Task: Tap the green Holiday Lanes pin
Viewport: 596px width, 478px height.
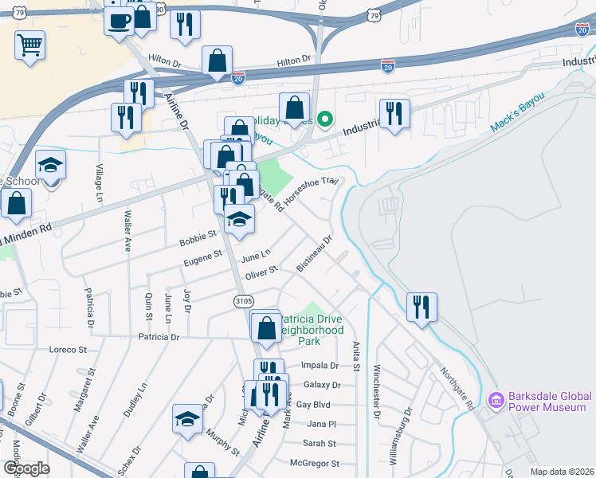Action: [324, 121]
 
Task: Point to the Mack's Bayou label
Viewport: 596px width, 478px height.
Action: [518, 111]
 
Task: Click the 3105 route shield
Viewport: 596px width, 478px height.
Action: [245, 301]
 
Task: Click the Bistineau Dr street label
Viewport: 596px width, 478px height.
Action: [314, 253]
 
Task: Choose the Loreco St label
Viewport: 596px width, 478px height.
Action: [68, 350]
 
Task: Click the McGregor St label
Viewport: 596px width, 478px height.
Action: [314, 463]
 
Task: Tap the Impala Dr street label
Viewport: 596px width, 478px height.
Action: [320, 366]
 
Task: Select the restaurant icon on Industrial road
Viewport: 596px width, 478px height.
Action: [394, 114]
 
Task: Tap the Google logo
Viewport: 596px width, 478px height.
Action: [26, 468]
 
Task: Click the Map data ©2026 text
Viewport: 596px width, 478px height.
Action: [563, 472]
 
